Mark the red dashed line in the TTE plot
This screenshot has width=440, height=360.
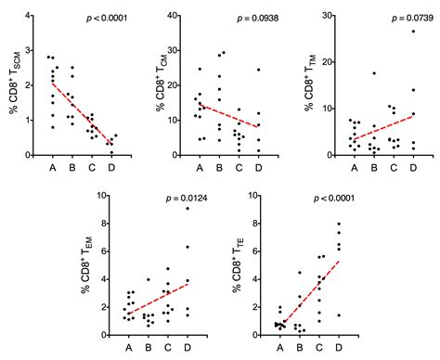pos(316,292)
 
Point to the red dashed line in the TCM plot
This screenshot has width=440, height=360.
pos(226,116)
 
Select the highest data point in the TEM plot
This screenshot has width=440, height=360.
pos(188,208)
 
